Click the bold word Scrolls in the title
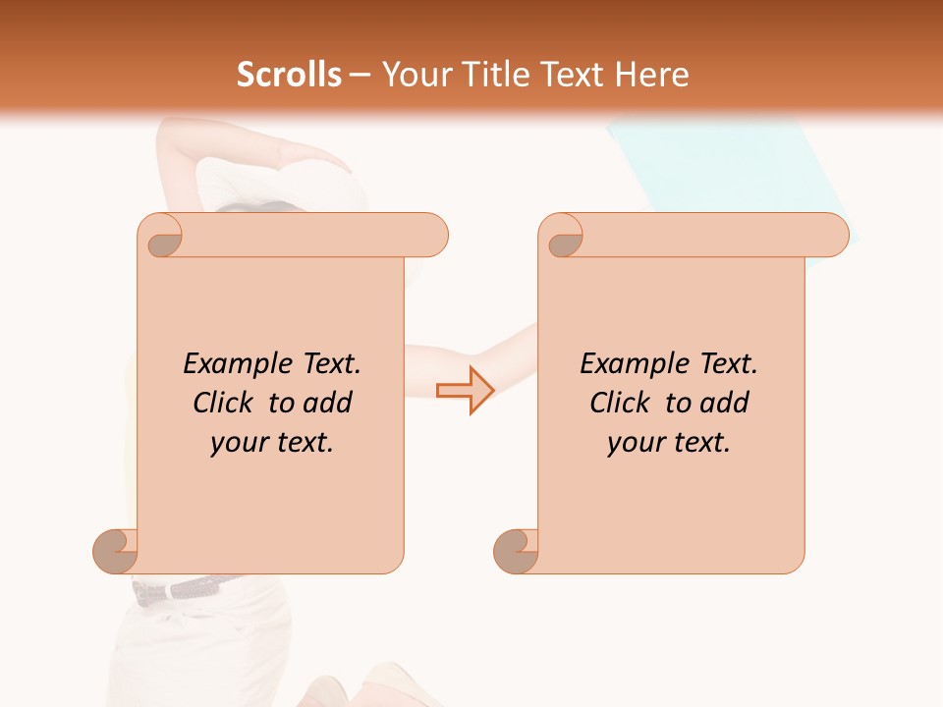pos(289,75)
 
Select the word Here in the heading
pos(651,75)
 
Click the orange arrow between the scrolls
pos(465,390)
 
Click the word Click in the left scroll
pos(224,403)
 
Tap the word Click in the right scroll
pos(620,403)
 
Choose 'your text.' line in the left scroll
pos(272,443)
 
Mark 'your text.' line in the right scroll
pos(669,443)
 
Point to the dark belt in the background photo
pos(187,589)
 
